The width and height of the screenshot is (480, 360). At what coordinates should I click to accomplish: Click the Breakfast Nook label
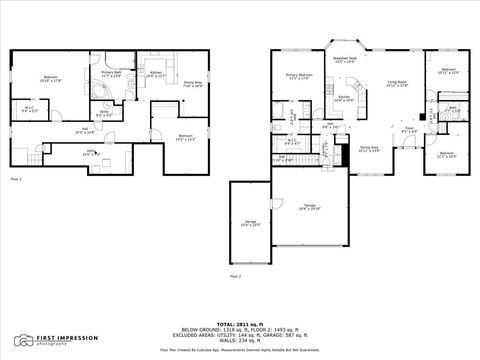click(x=347, y=59)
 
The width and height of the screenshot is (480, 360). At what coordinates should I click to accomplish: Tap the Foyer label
click(x=410, y=128)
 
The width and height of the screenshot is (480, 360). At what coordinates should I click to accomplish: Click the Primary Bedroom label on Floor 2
click(x=299, y=77)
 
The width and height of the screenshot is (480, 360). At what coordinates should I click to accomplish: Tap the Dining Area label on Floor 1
click(x=193, y=83)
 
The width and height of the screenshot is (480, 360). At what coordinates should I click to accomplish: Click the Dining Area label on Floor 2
click(x=369, y=148)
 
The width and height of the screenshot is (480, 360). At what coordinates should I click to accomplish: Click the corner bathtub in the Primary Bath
click(x=99, y=89)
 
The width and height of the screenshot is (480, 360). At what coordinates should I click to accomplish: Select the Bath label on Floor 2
click(x=453, y=109)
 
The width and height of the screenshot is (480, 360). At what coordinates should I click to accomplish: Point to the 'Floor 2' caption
click(x=235, y=274)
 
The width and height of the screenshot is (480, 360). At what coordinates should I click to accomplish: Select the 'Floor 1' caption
click(x=14, y=177)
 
